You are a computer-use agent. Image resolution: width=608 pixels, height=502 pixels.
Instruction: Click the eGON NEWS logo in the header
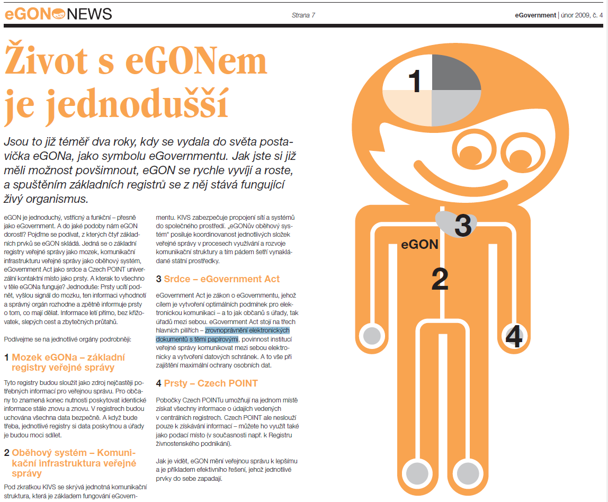click(x=58, y=14)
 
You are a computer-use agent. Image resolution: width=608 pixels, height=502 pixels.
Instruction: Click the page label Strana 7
click(x=303, y=15)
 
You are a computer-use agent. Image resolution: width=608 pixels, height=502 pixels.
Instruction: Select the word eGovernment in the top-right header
click(x=535, y=15)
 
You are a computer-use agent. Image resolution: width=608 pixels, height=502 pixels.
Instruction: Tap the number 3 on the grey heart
click(x=463, y=226)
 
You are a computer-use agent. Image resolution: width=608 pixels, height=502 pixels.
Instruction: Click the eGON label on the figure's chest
click(x=419, y=245)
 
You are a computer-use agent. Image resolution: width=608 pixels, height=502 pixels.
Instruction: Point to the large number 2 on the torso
click(x=440, y=280)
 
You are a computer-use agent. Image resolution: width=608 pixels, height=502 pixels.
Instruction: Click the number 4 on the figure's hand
click(x=514, y=337)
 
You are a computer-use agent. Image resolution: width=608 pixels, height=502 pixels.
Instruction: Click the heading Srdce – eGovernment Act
click(x=222, y=279)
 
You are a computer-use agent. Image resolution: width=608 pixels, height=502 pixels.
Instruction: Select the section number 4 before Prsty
click(x=159, y=383)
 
